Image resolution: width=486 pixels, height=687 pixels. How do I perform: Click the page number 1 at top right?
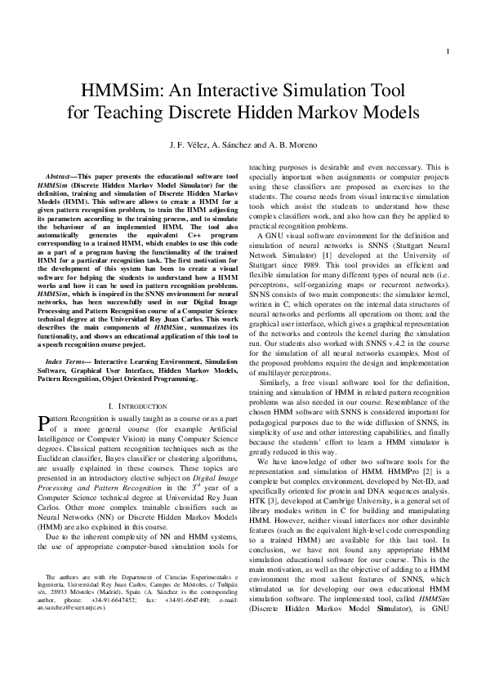pyautogui.click(x=448, y=52)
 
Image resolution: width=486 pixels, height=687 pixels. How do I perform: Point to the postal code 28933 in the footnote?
pyautogui.click(x=56, y=643)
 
